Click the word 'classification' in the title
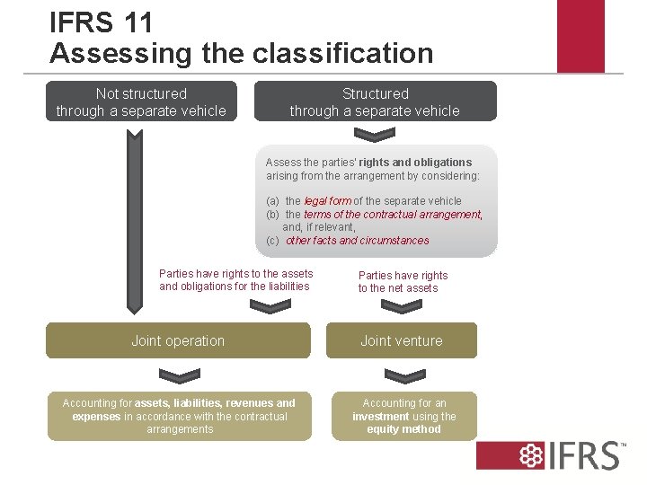(x=342, y=53)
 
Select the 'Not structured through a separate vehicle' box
(x=141, y=101)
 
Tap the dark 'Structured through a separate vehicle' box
(x=375, y=101)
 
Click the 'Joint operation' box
(x=178, y=340)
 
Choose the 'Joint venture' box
(x=401, y=340)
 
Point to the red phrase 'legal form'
(x=328, y=201)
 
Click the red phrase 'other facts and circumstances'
(x=357, y=241)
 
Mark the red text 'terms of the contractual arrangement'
(x=393, y=215)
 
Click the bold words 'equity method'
(x=403, y=429)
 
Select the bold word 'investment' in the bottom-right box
(x=381, y=417)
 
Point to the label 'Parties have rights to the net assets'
(x=403, y=281)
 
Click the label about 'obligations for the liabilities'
(x=235, y=287)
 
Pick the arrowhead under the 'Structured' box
(x=375, y=136)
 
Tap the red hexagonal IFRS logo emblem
(x=521, y=455)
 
